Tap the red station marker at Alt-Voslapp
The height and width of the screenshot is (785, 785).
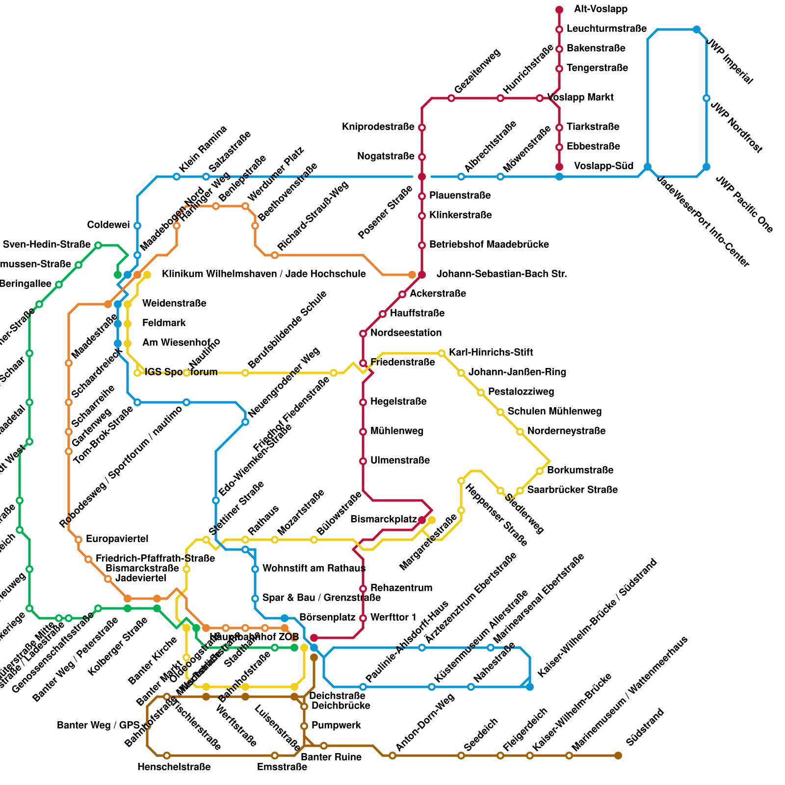click(x=559, y=10)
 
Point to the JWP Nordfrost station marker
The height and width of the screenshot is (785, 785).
click(x=706, y=98)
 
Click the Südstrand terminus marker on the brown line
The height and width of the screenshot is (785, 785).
click(x=618, y=756)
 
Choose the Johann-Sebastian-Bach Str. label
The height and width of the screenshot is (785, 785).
click(x=501, y=274)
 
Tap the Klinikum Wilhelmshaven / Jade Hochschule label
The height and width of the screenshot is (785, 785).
click(x=263, y=274)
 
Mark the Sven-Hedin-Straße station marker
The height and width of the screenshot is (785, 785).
click(x=98, y=245)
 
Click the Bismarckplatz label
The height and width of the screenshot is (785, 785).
click(x=384, y=520)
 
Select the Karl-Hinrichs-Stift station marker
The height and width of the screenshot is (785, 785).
click(x=442, y=353)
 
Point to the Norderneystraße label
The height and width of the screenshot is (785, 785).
click(x=566, y=431)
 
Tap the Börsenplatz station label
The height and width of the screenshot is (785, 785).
click(x=327, y=618)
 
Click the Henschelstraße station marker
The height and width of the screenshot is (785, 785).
click(x=167, y=756)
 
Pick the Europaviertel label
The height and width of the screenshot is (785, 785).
click(x=117, y=539)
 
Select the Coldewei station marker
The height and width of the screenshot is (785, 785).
click(x=137, y=226)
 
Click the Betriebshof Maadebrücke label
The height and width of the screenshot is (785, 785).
click(x=489, y=245)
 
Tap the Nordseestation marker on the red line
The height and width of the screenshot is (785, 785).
click(x=363, y=334)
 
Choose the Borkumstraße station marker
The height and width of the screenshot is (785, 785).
click(x=540, y=471)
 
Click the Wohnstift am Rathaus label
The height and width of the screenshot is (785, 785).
click(x=314, y=569)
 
